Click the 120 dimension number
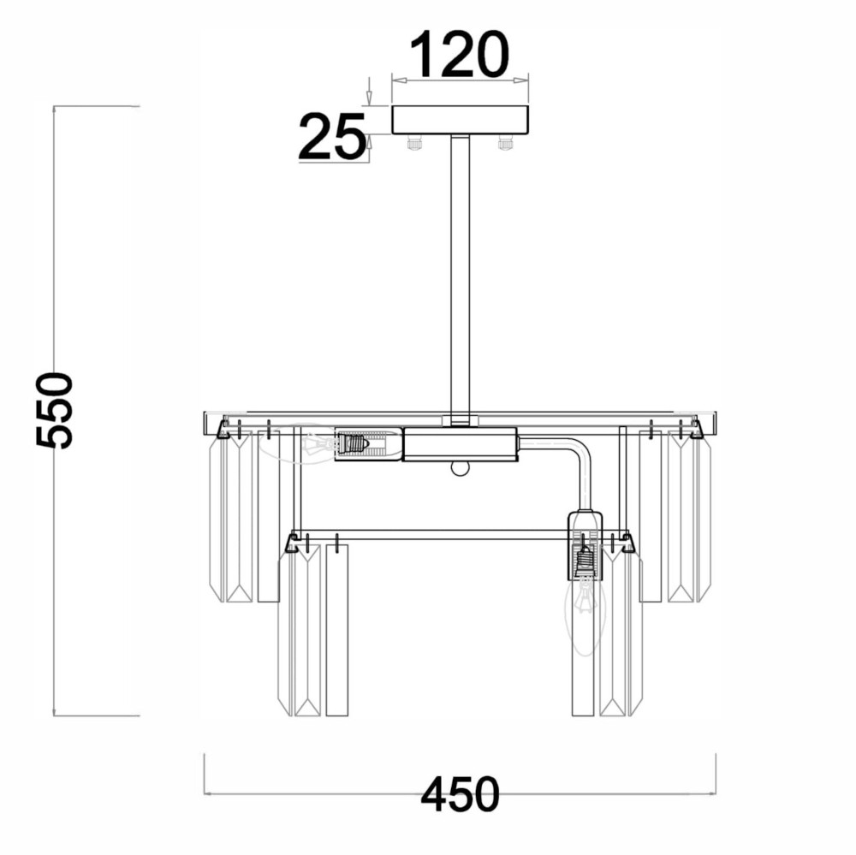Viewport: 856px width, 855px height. [x=459, y=54]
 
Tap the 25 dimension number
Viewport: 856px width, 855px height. [x=332, y=136]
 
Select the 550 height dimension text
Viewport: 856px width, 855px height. [x=54, y=411]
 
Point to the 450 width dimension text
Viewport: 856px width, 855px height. [x=461, y=794]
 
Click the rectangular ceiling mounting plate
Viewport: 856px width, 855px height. [x=461, y=120]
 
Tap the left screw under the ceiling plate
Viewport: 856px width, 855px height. [x=414, y=143]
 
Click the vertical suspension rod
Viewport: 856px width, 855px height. [x=460, y=278]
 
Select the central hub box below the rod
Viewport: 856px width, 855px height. [x=460, y=444]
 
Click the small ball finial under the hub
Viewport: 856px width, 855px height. [x=460, y=468]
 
